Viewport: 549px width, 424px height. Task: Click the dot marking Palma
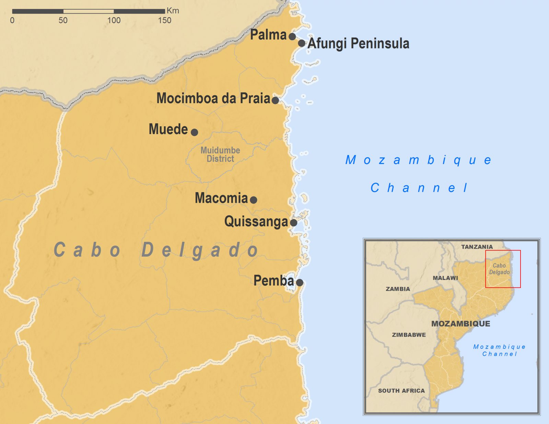coord(292,36)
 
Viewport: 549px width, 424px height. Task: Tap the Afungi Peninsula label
coord(358,44)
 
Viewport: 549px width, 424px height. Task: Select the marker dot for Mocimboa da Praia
coord(275,100)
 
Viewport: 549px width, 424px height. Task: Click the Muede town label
coord(168,129)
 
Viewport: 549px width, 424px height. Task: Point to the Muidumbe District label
coord(220,154)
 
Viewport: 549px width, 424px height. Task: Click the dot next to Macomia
coord(253,200)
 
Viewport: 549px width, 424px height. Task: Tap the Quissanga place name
coord(256,222)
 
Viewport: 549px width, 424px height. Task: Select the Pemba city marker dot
coord(300,283)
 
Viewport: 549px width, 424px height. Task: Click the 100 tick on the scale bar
coord(114,20)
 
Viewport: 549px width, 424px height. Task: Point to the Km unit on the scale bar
coord(173,11)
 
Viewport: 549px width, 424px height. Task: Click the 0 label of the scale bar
coord(12,20)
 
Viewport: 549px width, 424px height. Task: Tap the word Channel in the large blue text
coord(419,188)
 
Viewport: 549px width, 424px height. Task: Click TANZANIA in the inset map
coord(477,247)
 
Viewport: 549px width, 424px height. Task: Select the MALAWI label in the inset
coord(445,278)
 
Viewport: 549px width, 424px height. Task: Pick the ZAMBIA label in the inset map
coord(398,289)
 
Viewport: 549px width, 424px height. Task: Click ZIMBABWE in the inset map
coord(409,335)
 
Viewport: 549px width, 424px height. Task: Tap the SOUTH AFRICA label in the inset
coord(401,391)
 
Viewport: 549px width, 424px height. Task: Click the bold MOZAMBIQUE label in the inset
coord(460,324)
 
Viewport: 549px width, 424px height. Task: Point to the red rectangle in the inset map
coord(503,251)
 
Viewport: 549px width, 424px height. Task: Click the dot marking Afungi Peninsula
coord(301,44)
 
